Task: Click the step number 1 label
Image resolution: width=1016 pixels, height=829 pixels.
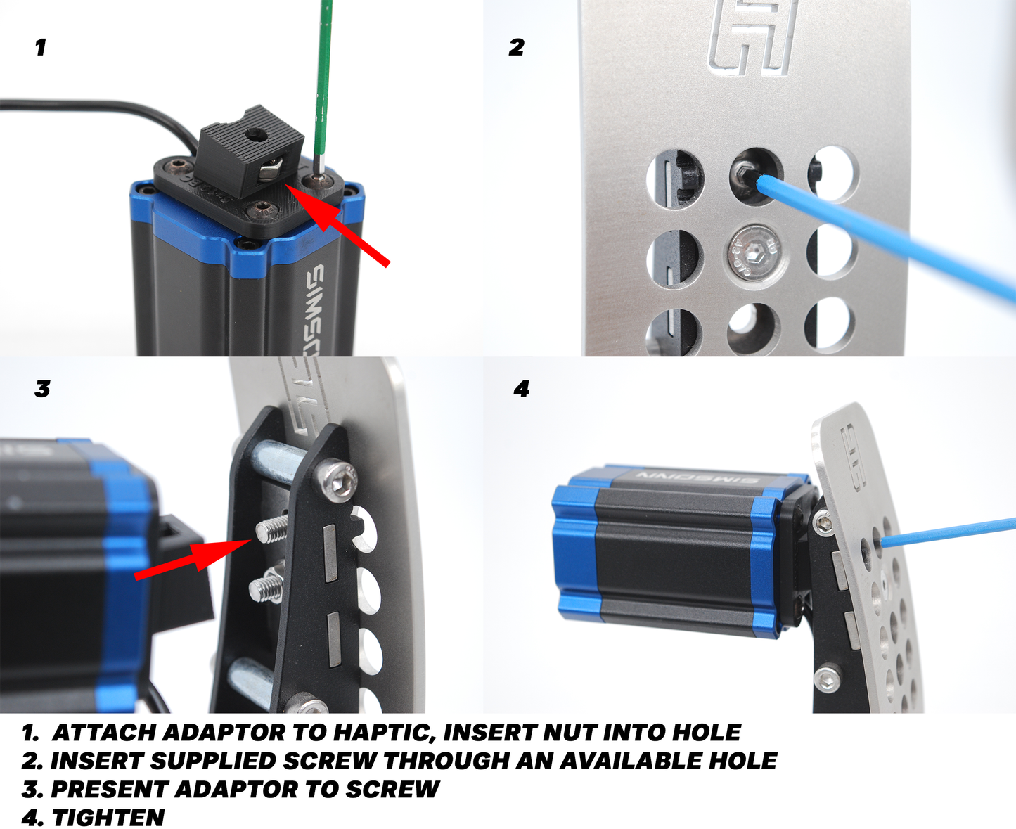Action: click(x=41, y=47)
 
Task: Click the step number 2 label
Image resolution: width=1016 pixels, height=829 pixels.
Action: click(x=516, y=47)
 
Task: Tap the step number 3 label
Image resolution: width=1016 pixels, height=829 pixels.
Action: click(x=42, y=389)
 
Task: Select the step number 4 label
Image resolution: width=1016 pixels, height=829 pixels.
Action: click(x=522, y=389)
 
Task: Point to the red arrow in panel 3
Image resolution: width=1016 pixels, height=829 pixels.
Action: click(x=193, y=559)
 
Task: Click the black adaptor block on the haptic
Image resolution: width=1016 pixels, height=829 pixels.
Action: click(x=250, y=146)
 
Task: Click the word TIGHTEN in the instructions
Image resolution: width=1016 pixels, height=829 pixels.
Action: click(x=108, y=818)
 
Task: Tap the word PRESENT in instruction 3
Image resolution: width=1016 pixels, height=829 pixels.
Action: click(x=109, y=790)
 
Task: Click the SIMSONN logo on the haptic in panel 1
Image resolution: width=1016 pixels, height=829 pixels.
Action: click(x=316, y=309)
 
